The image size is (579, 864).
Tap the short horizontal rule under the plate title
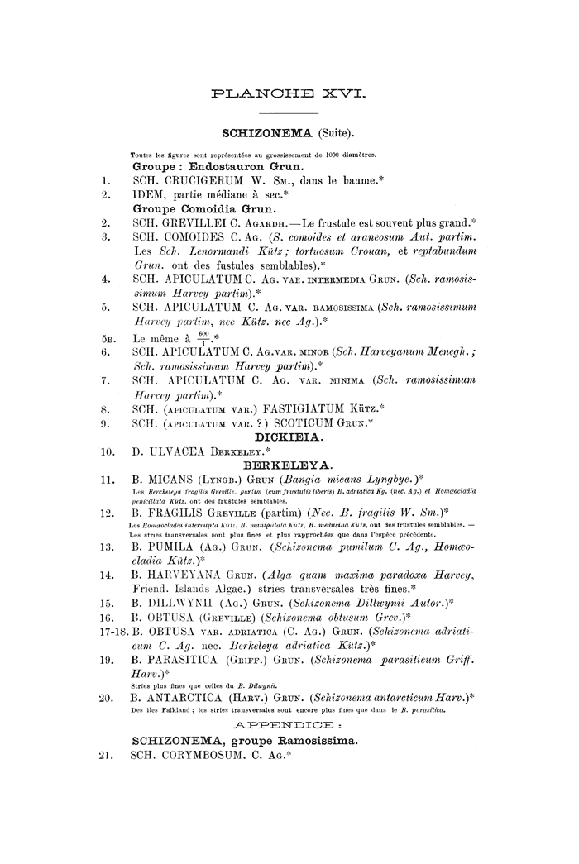click(x=289, y=112)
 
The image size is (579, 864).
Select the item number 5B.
click(x=107, y=338)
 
